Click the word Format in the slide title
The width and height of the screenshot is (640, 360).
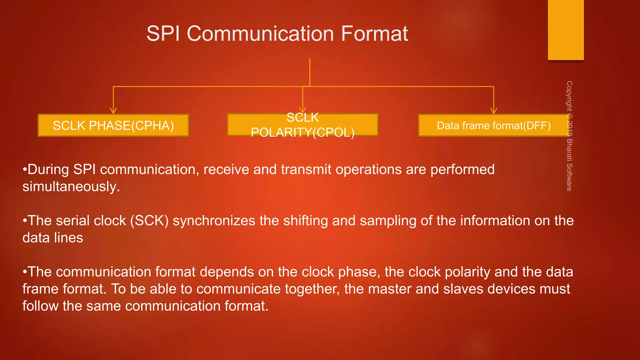click(374, 33)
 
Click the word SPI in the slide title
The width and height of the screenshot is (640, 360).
click(163, 33)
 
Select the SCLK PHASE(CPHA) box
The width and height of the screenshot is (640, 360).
click(113, 125)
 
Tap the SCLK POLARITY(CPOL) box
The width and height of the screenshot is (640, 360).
click(302, 125)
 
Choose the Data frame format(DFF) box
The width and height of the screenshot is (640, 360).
click(493, 125)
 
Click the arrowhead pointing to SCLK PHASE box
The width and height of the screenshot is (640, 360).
click(113, 111)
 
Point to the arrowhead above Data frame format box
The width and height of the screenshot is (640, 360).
click(493, 111)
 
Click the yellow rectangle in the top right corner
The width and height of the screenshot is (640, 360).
click(566, 30)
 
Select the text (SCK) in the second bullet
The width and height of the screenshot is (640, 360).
click(149, 221)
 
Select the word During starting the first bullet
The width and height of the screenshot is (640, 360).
click(48, 169)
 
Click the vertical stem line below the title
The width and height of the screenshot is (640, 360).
click(310, 72)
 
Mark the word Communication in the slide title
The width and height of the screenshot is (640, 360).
click(260, 33)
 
